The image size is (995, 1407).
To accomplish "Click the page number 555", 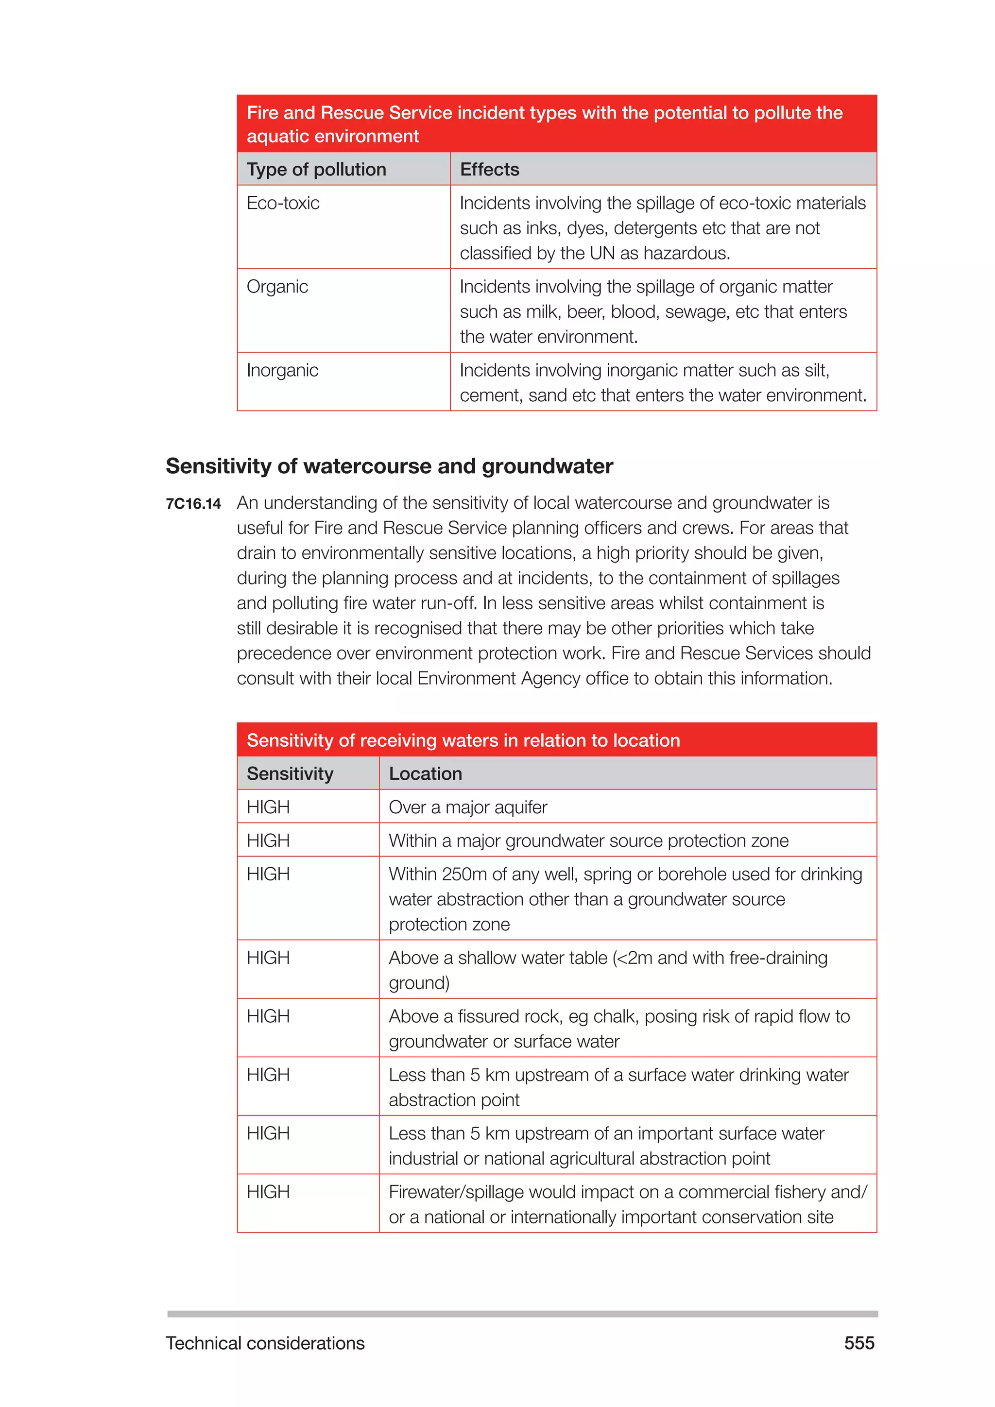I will tap(859, 1343).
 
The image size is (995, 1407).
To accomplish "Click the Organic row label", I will tap(277, 287).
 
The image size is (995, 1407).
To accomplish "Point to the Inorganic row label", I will tap(282, 370).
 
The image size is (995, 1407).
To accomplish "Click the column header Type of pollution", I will tap(316, 169).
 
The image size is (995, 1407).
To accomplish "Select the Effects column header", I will tap(490, 169).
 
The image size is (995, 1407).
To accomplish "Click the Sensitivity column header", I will tap(290, 773).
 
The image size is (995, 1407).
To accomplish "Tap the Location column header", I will tap(425, 773).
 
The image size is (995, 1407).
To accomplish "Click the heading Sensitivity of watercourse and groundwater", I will tap(389, 466).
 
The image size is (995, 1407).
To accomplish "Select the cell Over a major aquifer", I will tap(468, 807).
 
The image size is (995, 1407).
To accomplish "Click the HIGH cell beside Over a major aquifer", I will tap(268, 807).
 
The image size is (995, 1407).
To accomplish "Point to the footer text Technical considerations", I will tap(265, 1343).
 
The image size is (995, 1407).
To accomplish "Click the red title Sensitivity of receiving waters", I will tap(463, 740).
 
